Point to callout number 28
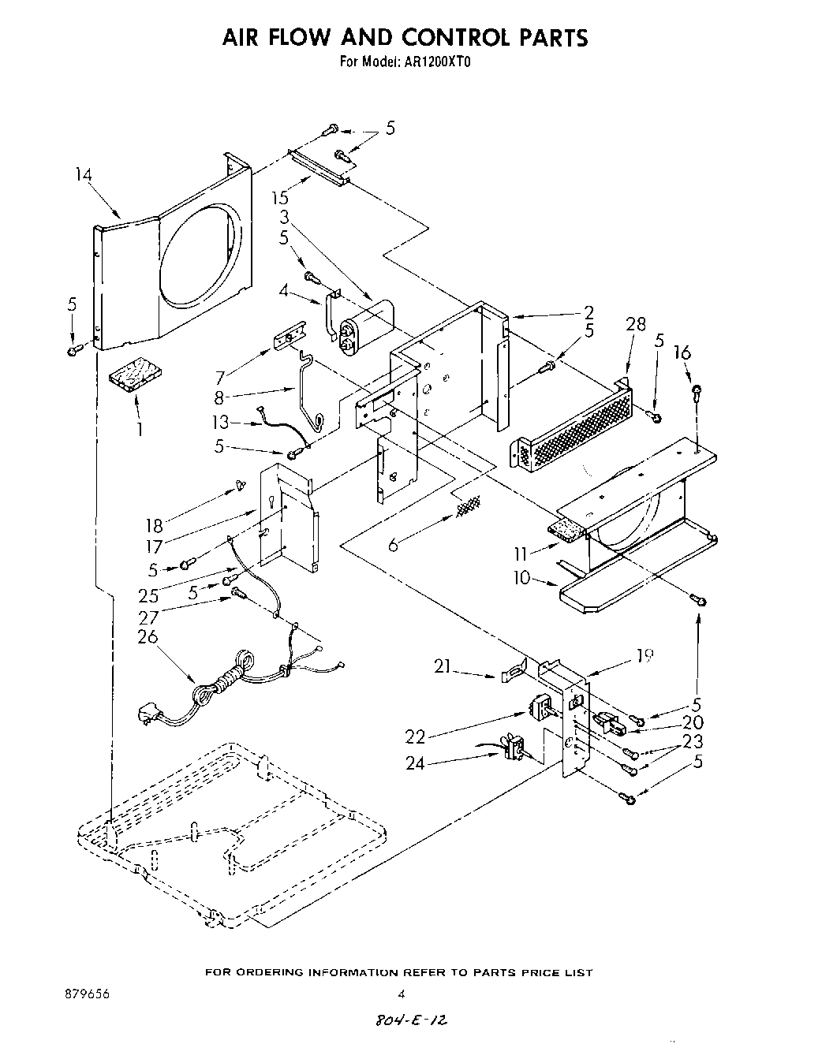pyautogui.click(x=635, y=324)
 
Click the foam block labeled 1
pyautogui.click(x=136, y=375)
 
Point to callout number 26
pyautogui.click(x=148, y=636)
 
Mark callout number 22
pyautogui.click(x=415, y=736)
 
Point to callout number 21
pyautogui.click(x=443, y=667)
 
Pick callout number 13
pyautogui.click(x=220, y=423)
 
